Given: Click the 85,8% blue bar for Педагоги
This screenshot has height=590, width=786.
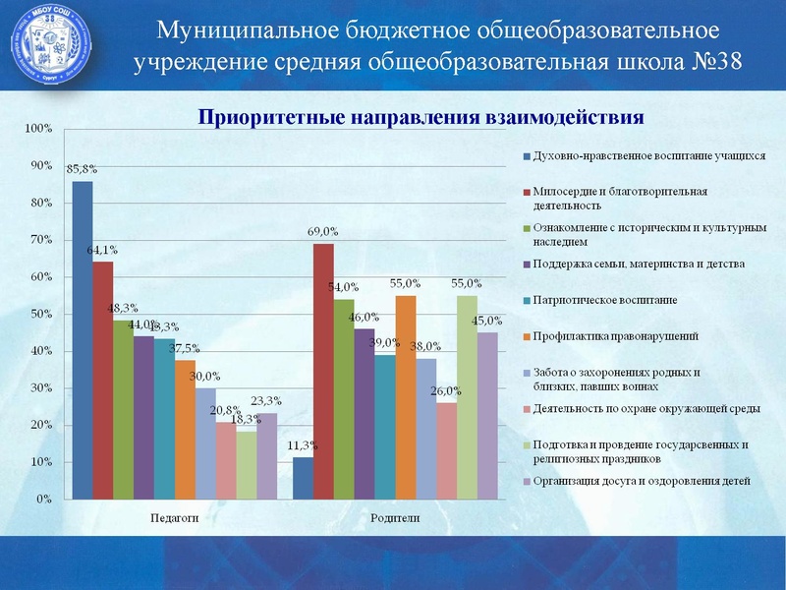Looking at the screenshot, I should click(83, 340).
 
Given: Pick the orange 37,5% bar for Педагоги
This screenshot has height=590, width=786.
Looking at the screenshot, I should click(186, 430).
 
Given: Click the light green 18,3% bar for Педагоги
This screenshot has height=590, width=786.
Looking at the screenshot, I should click(247, 465).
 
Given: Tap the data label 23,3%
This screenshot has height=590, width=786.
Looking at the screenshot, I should click(266, 401).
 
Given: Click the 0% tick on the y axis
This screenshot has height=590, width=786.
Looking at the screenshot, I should click(43, 499).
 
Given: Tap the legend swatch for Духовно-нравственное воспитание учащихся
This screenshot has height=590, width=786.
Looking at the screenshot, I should click(527, 155).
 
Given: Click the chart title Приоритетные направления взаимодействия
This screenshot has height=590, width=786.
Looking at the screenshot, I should click(421, 118).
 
